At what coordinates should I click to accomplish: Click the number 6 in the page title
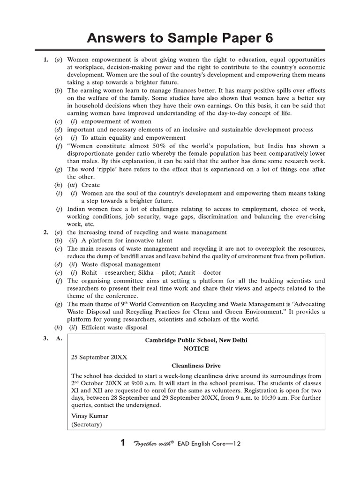[268, 37]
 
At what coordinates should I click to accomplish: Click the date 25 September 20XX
[99, 357]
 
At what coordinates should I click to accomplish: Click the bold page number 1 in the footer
[123, 442]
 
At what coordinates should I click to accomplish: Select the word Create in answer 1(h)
[90, 185]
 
